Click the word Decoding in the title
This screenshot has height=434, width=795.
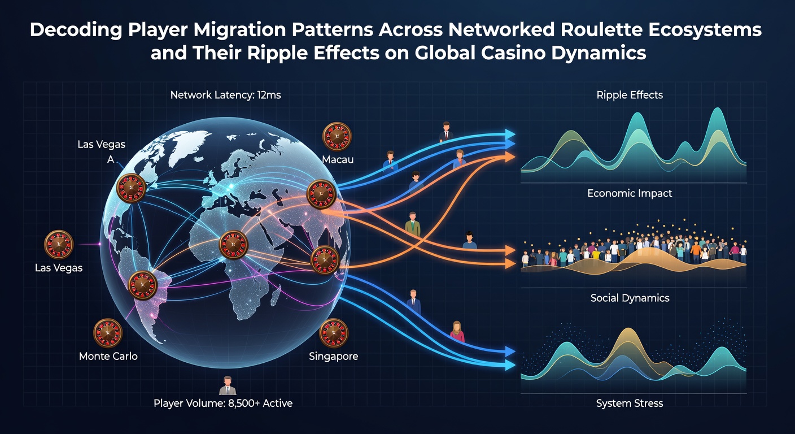[x=76, y=30]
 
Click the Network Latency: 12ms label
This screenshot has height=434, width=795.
[x=225, y=95]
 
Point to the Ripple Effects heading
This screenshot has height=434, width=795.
[x=630, y=95]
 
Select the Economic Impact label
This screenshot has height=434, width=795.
[x=630, y=193]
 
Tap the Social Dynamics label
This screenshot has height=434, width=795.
[x=630, y=298]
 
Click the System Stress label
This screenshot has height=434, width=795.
[x=630, y=403]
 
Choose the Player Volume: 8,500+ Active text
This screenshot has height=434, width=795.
[x=223, y=403]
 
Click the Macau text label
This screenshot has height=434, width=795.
[x=338, y=159]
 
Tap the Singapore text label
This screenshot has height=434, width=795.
[x=333, y=356]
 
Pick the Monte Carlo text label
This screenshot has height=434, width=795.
[x=108, y=356]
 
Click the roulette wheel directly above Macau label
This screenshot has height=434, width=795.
[x=337, y=137]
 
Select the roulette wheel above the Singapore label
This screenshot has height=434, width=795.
[x=334, y=333]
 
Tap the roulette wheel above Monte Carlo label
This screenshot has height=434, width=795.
[x=108, y=333]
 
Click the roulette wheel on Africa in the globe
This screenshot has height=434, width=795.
[x=233, y=245]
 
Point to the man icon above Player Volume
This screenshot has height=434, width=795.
[x=228, y=385]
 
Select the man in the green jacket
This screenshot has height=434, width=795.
[x=412, y=224]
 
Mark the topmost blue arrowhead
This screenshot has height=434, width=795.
[x=510, y=134]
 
